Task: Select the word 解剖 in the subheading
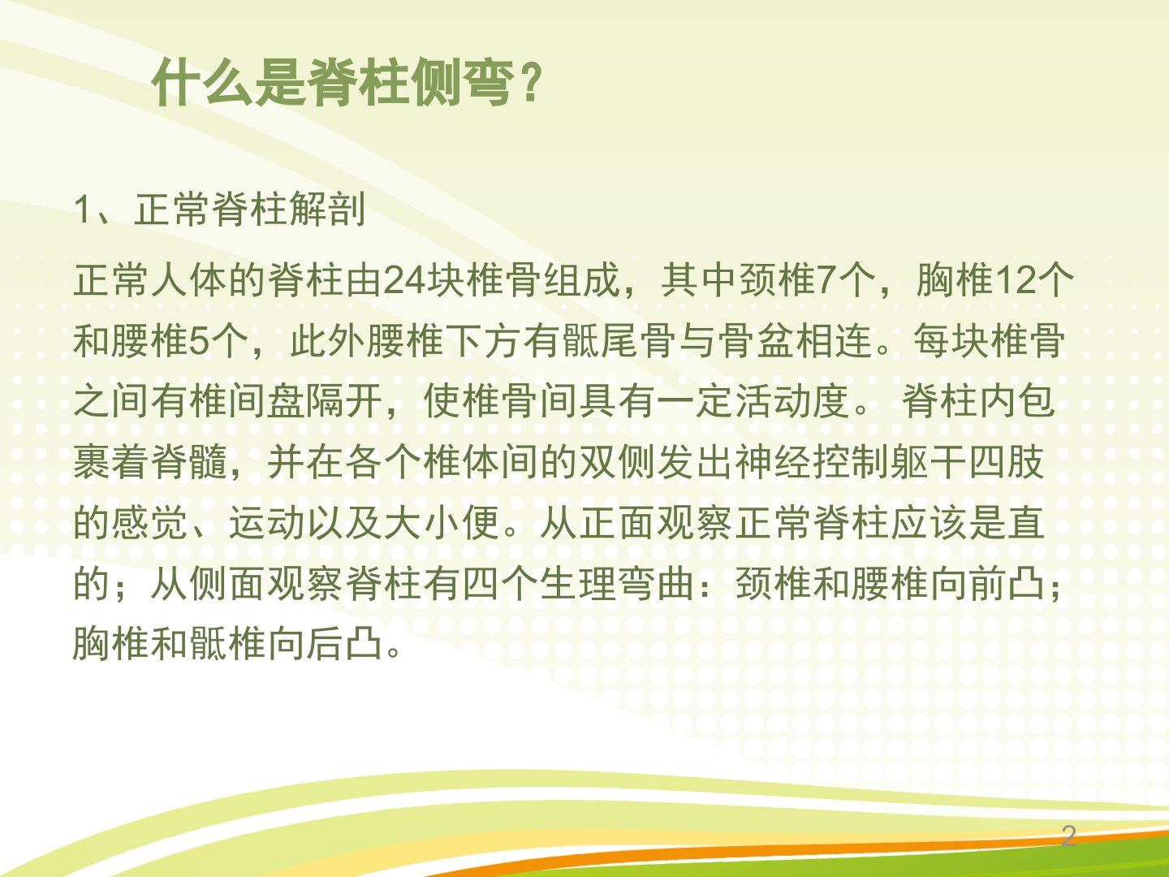[327, 209]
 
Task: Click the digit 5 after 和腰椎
[199, 341]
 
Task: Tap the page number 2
[1068, 836]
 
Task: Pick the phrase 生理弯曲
[617, 584]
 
